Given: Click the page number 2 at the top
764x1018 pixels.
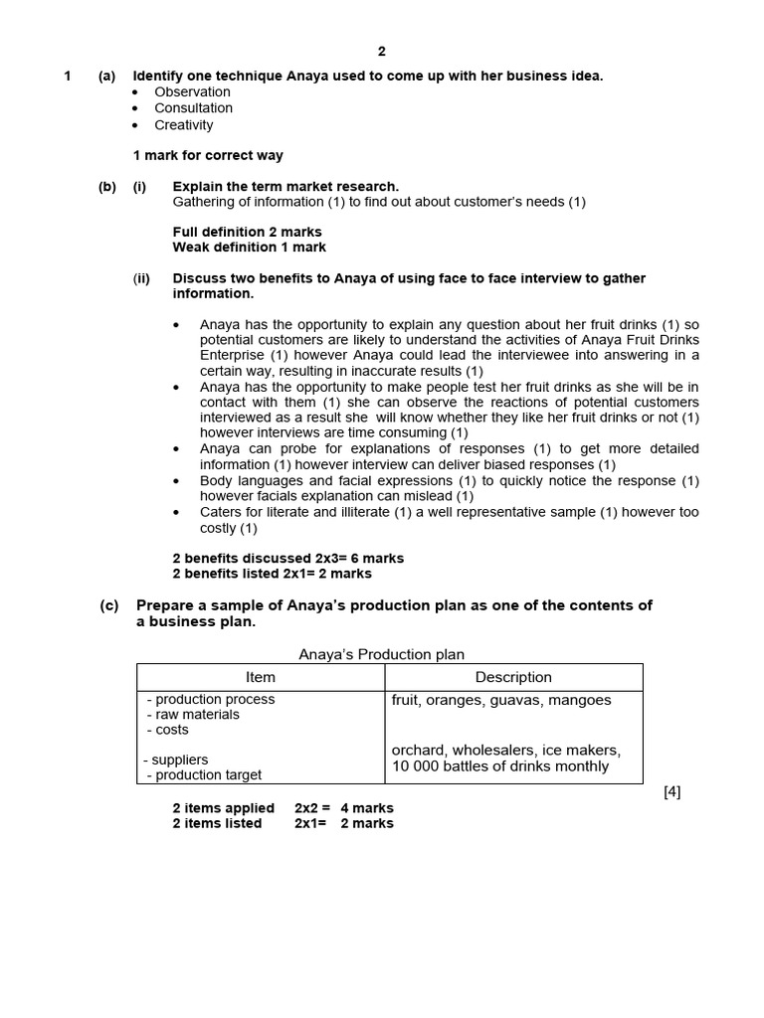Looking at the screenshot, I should coord(381,52).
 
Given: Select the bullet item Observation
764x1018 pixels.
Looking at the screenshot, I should coord(192,92).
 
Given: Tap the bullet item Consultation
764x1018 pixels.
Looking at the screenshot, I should coord(193,108).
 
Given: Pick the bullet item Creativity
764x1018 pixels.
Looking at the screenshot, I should coord(183,125).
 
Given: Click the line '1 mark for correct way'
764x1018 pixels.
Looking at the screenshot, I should coord(208,155).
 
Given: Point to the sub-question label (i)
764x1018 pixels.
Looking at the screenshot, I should coord(139,186).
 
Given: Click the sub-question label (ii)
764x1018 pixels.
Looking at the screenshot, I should coord(141,278).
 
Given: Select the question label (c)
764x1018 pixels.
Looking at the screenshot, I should coord(108,605).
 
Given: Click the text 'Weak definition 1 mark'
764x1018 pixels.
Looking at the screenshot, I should coord(249,247).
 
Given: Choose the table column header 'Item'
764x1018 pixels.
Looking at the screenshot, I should coord(261,677).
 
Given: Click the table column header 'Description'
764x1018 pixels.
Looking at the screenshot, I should coord(513,677).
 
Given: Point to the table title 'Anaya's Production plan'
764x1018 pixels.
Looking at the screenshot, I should coord(382,654).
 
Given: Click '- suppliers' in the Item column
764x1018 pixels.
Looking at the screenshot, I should coord(176,760).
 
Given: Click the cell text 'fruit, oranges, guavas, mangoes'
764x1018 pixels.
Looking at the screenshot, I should coord(501,700).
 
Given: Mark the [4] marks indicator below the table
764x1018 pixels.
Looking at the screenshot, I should coord(671,791).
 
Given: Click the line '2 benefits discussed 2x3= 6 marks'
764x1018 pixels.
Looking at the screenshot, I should coord(287,558).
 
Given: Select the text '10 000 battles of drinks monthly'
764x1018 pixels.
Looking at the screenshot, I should coord(500,765).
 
